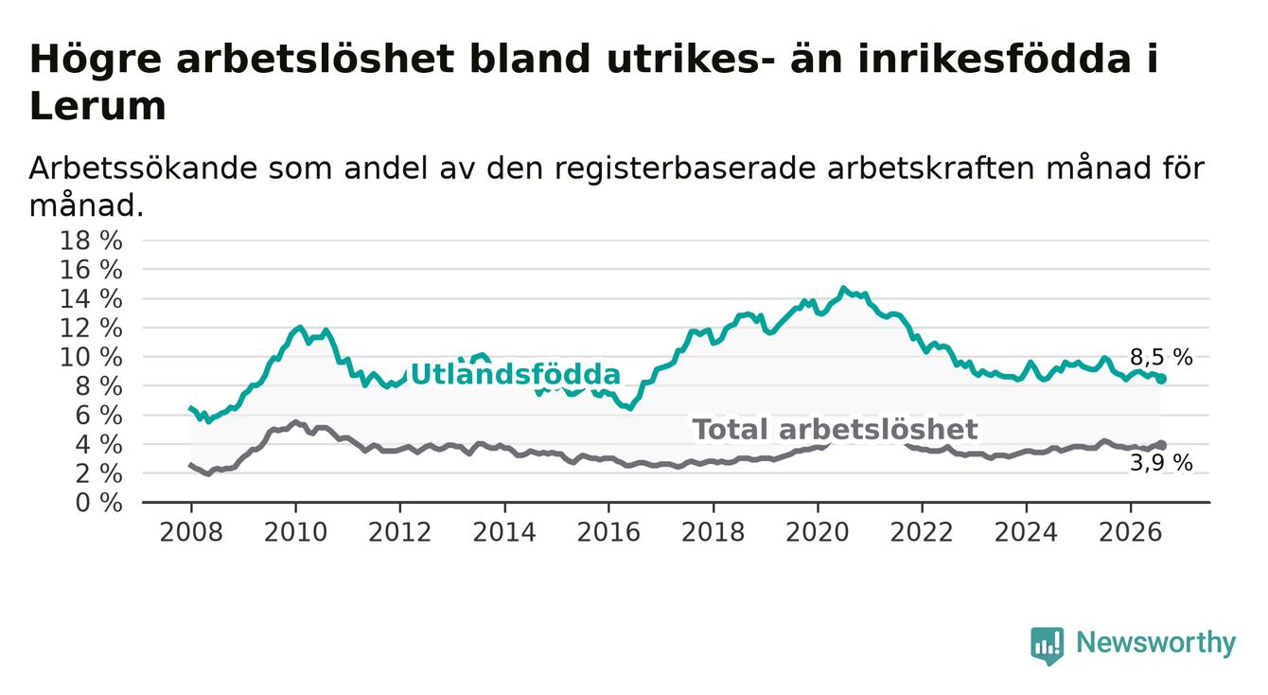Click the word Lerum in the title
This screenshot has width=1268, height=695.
[x=97, y=106]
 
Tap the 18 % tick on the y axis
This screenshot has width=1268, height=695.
[x=91, y=241]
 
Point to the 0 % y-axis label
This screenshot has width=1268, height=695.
[x=98, y=503]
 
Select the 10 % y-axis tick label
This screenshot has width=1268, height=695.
[x=91, y=357]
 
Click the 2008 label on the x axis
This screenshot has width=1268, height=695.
[x=191, y=532]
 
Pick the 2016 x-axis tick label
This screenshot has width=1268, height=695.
[x=608, y=532]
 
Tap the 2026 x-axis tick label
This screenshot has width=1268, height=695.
[x=1131, y=532]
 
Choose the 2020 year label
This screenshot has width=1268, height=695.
[x=818, y=532]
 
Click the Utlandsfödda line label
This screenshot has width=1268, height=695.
[x=515, y=374]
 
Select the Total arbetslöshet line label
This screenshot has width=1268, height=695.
[x=835, y=429]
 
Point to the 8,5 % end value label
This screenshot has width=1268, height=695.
[x=1161, y=357]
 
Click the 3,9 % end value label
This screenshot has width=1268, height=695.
[x=1161, y=463]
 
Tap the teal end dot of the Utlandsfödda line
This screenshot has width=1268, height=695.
[x=1161, y=379]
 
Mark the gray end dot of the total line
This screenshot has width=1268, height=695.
[x=1161, y=445]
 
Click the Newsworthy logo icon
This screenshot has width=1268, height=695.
[x=1048, y=645]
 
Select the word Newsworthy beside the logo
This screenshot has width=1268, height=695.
[x=1155, y=643]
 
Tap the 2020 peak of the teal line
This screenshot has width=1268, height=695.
[x=843, y=288]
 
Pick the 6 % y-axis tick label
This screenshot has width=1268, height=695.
[x=98, y=416]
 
